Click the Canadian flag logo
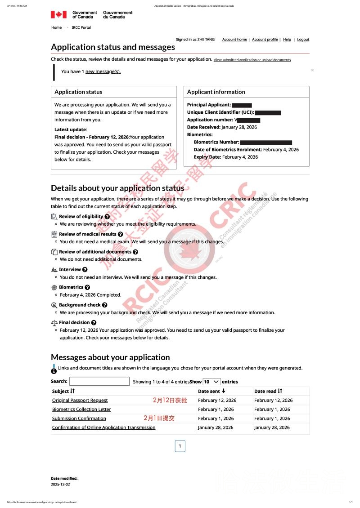58,14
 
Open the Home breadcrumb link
56,27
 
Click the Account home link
234,40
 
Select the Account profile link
265,40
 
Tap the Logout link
303,40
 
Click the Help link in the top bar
287,40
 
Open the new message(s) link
103,71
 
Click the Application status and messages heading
113,47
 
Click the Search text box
99,381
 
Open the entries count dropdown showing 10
211,381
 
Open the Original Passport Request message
80,400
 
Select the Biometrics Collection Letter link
81,409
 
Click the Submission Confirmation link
79,418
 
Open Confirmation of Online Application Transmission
103,428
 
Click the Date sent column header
212,391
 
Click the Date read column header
268,391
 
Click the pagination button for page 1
180,446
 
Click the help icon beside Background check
104,305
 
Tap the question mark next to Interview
85,270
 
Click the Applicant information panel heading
216,92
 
